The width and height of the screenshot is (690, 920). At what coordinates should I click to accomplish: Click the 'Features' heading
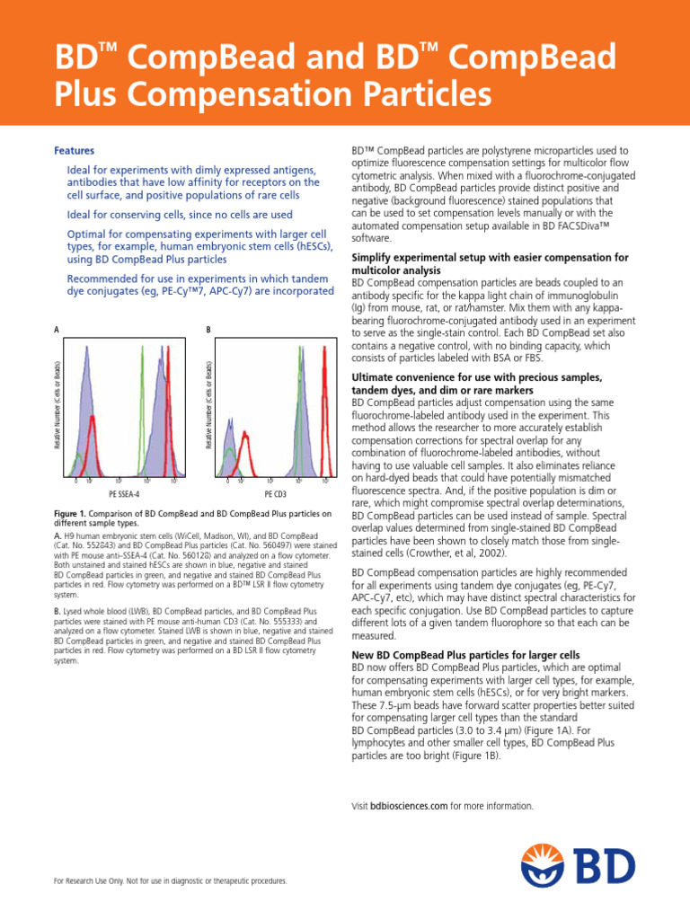coord(75,151)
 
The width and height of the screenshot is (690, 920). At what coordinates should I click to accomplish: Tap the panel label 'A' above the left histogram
coord(57,331)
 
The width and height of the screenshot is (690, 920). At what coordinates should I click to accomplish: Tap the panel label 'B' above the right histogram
coord(208,331)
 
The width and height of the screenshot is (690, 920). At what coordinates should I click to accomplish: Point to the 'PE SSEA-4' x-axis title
coord(124,494)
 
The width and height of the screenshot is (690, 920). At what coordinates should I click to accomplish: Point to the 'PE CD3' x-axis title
coord(276,494)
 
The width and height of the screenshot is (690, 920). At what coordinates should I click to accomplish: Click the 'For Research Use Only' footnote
coord(171,881)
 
